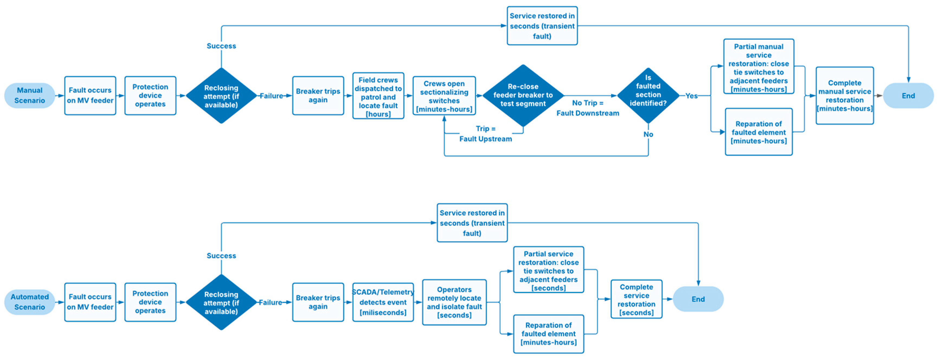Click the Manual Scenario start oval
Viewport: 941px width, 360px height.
click(x=30, y=95)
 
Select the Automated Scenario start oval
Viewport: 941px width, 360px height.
click(x=30, y=302)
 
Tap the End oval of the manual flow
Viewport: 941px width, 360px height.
click(x=908, y=96)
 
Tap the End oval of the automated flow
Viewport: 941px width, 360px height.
click(x=698, y=299)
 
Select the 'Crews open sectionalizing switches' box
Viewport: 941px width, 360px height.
click(x=444, y=96)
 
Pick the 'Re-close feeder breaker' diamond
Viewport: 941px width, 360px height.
click(x=523, y=95)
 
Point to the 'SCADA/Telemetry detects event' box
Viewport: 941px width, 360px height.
click(x=383, y=302)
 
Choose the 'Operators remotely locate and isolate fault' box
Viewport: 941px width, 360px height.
click(x=454, y=302)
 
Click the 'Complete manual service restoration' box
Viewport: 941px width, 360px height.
click(x=844, y=96)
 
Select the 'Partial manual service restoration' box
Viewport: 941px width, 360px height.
click(x=759, y=67)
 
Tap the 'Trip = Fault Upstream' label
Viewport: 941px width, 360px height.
click(x=485, y=134)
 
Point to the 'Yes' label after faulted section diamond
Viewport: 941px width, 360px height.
click(x=691, y=96)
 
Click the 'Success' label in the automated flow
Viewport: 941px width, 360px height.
click(x=221, y=256)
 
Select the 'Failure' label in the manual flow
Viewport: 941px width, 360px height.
click(x=271, y=96)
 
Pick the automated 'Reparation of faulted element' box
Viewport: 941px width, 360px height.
click(x=548, y=334)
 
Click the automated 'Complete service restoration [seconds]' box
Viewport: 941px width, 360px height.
click(x=636, y=299)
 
